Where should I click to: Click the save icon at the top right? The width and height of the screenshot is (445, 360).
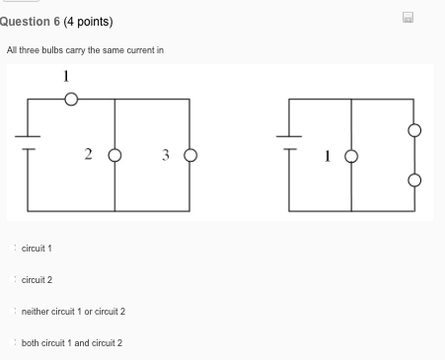pyautogui.click(x=408, y=17)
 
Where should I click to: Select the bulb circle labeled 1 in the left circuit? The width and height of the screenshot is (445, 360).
pyautogui.click(x=71, y=99)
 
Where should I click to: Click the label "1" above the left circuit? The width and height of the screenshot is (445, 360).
pyautogui.click(x=66, y=76)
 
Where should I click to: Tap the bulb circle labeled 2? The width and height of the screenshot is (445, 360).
pyautogui.click(x=115, y=155)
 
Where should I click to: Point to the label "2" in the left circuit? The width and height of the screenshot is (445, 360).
pyautogui.click(x=88, y=154)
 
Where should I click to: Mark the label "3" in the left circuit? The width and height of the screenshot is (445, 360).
pyautogui.click(x=165, y=154)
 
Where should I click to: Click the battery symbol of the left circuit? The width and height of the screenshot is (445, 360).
pyautogui.click(x=28, y=144)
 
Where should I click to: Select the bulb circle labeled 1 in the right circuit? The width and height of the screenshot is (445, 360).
pyautogui.click(x=350, y=155)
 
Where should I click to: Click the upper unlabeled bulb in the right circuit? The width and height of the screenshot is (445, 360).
pyautogui.click(x=414, y=129)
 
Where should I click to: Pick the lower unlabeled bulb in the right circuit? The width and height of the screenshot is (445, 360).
pyautogui.click(x=414, y=180)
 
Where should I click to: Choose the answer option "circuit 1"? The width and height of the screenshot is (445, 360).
pyautogui.click(x=37, y=249)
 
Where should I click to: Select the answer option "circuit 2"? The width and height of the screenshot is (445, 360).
pyautogui.click(x=37, y=280)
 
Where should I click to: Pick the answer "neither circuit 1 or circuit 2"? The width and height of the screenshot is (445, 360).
pyautogui.click(x=73, y=312)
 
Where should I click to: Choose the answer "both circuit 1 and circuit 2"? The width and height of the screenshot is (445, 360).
pyautogui.click(x=71, y=343)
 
